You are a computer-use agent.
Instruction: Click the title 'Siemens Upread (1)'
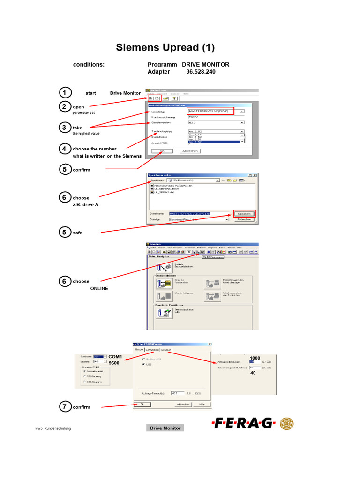(165, 47)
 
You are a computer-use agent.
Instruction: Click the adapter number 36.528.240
(201, 72)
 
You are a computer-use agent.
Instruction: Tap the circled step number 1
(66, 92)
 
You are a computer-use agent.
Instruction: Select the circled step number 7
(66, 406)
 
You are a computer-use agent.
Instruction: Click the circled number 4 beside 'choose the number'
(66, 149)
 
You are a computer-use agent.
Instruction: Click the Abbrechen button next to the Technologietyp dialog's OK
(190, 151)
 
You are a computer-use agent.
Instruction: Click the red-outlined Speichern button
(244, 213)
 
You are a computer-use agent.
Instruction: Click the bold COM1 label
(115, 357)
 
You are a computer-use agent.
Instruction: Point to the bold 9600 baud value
(114, 363)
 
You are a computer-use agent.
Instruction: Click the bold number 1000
(255, 358)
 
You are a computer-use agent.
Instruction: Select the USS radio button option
(143, 364)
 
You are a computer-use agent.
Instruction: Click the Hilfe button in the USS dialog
(202, 404)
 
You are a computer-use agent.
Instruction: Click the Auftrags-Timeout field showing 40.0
(177, 393)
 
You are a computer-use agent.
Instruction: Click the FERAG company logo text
(243, 423)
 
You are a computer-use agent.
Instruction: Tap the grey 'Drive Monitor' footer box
(165, 428)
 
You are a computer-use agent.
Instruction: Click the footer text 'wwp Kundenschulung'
(53, 428)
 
